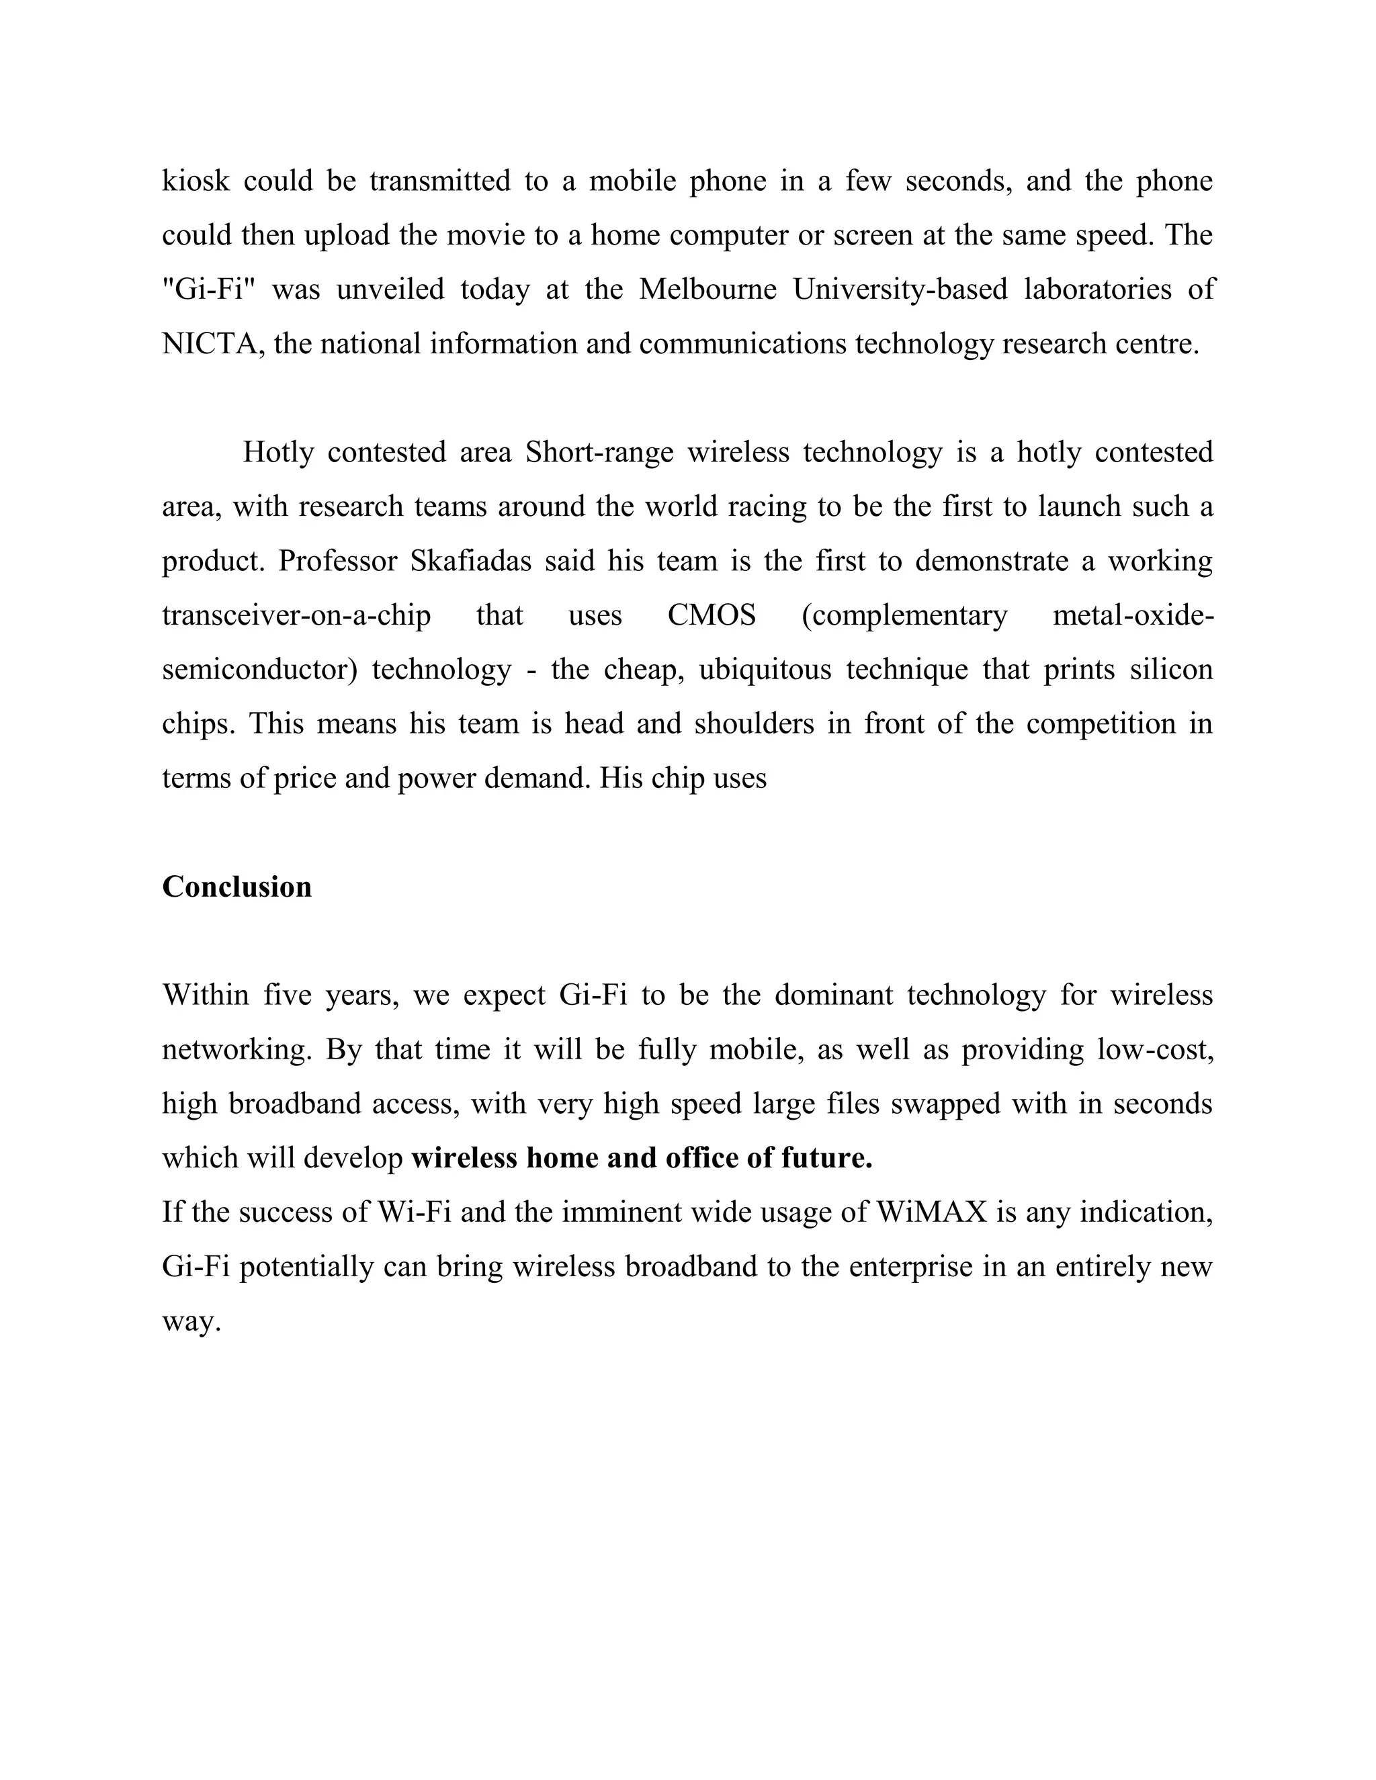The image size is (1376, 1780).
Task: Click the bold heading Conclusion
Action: click(x=236, y=887)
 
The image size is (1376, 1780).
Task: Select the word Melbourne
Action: click(x=707, y=290)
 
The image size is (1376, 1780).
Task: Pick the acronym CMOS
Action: click(x=711, y=615)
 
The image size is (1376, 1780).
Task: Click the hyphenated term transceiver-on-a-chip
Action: click(x=296, y=615)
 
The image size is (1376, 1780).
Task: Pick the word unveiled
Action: click(x=390, y=290)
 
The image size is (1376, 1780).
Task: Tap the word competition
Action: click(x=1101, y=723)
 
